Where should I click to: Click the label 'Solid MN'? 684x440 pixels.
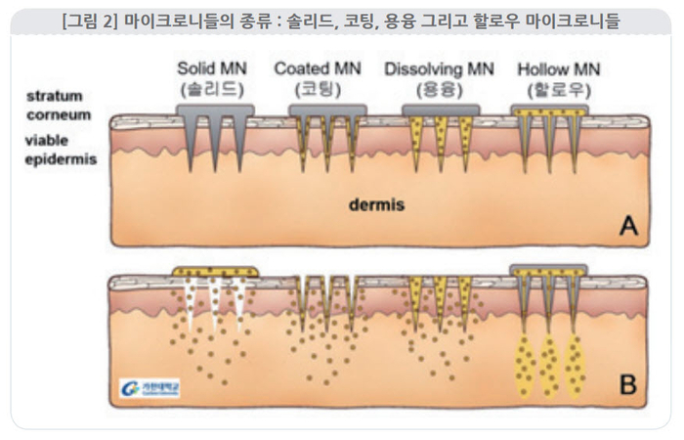[x=214, y=69]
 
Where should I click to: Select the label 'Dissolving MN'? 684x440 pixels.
[x=439, y=69]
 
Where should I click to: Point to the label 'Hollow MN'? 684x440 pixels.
[x=558, y=69]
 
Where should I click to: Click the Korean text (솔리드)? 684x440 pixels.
[x=214, y=88]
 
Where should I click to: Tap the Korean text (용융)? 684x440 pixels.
[x=439, y=88]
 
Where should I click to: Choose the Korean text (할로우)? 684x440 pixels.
[x=558, y=88]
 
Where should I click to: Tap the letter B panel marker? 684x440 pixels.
[x=628, y=382]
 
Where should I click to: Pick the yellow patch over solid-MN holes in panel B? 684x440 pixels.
[x=215, y=271]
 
